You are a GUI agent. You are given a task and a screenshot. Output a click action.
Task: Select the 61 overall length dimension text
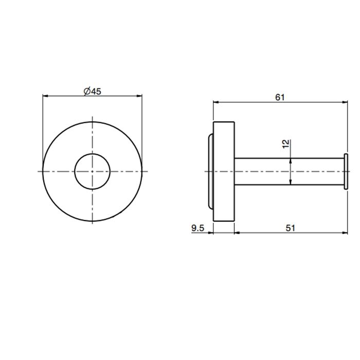[280, 96]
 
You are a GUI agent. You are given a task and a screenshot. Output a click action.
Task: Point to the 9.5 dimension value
[199, 228]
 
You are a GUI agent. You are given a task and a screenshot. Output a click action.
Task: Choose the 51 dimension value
[291, 228]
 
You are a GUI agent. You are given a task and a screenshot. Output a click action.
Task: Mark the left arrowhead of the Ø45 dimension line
[45, 96]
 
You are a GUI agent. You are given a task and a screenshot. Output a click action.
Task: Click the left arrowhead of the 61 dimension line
[215, 102]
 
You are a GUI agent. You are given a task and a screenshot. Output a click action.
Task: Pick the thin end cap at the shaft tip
[346, 171]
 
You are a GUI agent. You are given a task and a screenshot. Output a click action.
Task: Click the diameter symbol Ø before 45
[86, 91]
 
